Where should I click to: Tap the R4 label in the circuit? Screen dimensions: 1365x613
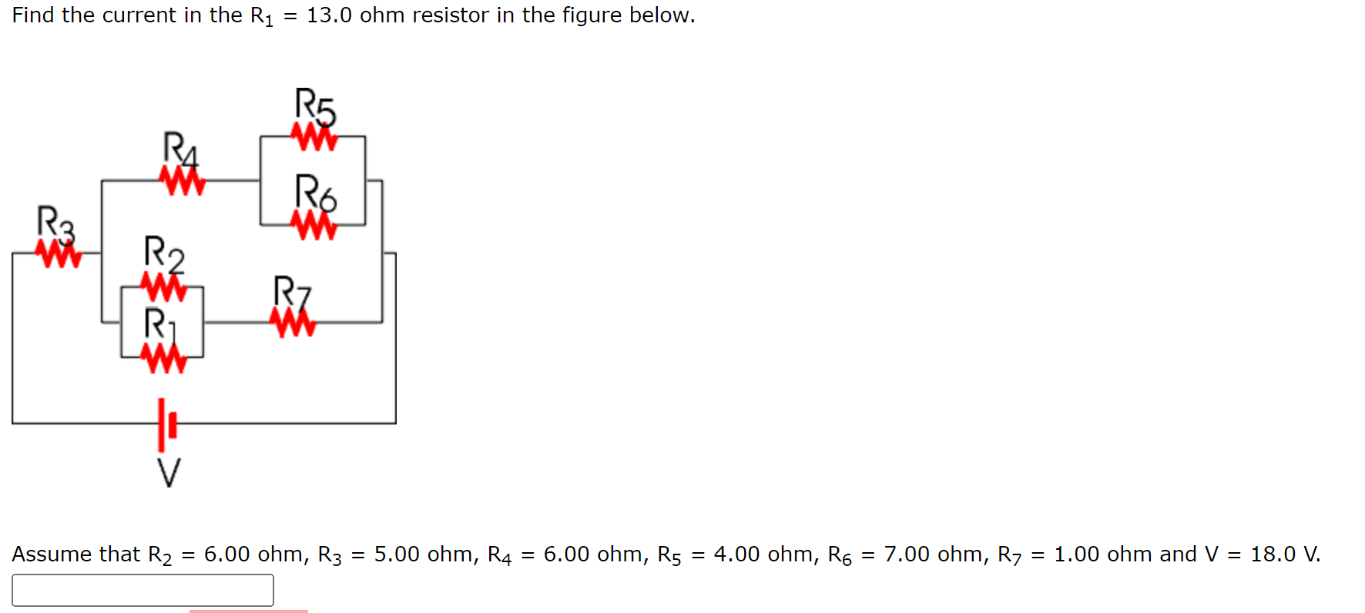pyautogui.click(x=181, y=149)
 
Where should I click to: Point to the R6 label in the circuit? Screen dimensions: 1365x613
pyautogui.click(x=316, y=193)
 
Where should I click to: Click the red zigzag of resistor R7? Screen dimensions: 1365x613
pyautogui.click(x=293, y=323)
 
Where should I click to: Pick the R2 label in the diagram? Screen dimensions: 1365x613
pyautogui.click(x=164, y=254)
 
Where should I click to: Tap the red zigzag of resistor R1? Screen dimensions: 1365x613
pyautogui.click(x=163, y=357)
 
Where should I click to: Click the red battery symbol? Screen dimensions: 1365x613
pyautogui.click(x=166, y=424)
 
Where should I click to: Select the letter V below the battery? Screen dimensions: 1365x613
pyautogui.click(x=169, y=472)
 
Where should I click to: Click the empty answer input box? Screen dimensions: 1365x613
pyautogui.click(x=143, y=590)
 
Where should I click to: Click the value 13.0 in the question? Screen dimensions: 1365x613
pyautogui.click(x=330, y=15)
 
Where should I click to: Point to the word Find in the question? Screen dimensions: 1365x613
pyautogui.click(x=33, y=15)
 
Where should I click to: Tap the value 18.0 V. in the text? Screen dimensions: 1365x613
pyautogui.click(x=1285, y=554)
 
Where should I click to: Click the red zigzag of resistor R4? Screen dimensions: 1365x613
pyautogui.click(x=183, y=182)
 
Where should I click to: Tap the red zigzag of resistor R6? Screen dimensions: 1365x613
pyautogui.click(x=314, y=226)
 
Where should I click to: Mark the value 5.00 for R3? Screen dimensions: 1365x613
pyautogui.click(x=397, y=554)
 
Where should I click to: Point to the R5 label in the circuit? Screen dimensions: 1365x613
pyautogui.click(x=316, y=106)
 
